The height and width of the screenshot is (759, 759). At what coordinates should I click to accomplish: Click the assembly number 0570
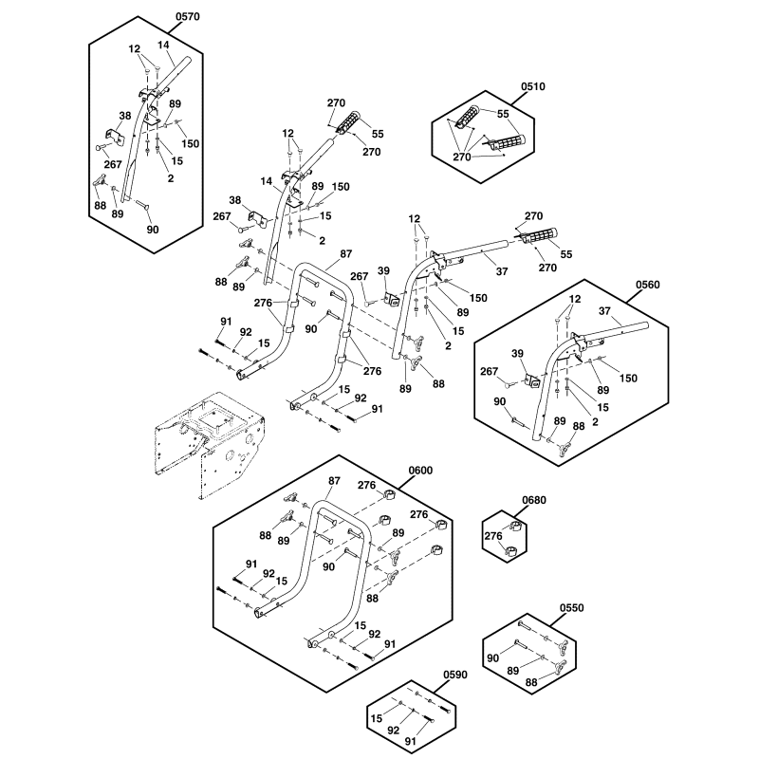pos(187,16)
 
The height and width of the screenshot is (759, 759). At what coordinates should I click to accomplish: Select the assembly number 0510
pos(533,86)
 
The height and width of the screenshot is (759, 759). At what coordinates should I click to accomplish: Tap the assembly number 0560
pos(648,285)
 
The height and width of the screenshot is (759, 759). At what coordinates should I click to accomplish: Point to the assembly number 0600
pos(420,471)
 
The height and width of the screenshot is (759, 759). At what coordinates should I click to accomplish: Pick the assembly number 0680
pos(534,500)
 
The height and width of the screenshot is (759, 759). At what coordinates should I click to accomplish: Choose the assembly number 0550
pos(572,608)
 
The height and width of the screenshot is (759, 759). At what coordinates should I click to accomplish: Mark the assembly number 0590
pos(455,675)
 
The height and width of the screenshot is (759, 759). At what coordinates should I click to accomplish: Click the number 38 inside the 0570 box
pos(125,116)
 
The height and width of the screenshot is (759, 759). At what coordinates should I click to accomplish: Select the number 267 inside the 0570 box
pos(113,164)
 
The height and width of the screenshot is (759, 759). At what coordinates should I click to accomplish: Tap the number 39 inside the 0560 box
pos(517,353)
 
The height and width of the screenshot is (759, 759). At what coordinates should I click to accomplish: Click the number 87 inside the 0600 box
pos(334,481)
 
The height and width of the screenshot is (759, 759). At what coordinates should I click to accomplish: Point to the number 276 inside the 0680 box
pos(493,536)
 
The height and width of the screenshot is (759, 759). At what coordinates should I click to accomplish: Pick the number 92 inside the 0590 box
pos(393,730)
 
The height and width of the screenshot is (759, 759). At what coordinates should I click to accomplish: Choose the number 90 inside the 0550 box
pos(492,657)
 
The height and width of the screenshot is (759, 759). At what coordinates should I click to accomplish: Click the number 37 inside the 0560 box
pos(604,311)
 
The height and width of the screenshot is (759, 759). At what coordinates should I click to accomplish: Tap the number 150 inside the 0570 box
pos(191,144)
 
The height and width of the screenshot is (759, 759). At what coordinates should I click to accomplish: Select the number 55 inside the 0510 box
pos(503,114)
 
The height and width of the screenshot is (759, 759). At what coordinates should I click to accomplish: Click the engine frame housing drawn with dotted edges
pos(209,444)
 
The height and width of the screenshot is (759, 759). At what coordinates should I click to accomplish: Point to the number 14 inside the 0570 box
pos(163,45)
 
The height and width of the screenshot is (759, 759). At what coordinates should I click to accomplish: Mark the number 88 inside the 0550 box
pos(531,682)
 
